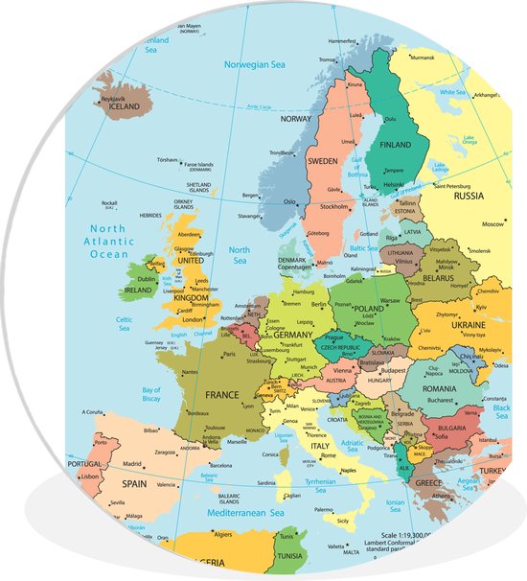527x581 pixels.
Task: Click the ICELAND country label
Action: pos(127,107)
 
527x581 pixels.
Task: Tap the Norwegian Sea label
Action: pos(254,64)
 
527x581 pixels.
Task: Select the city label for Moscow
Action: pos(493,224)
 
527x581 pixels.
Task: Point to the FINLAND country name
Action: pos(402,145)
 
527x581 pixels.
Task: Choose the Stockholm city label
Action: pos(333,206)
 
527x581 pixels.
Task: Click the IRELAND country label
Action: pos(138,289)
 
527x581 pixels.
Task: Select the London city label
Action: pos(194,320)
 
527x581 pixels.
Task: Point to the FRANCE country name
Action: pos(221,394)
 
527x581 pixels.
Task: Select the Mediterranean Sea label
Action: pos(240,514)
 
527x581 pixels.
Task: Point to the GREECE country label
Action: pos(428,482)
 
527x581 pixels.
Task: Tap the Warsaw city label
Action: pos(390,300)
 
